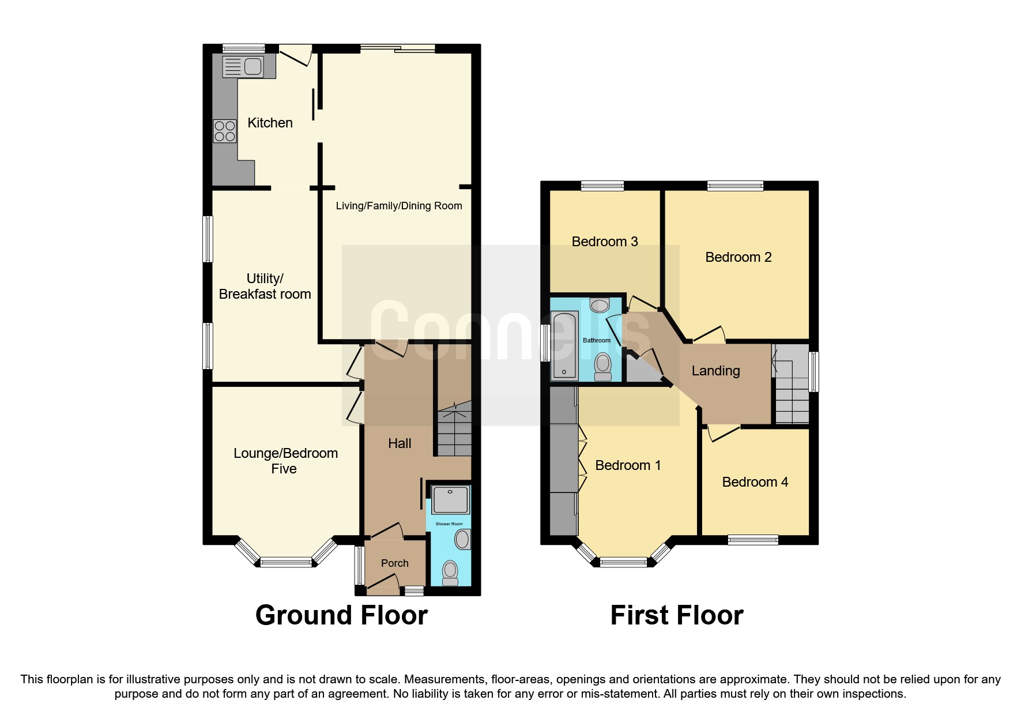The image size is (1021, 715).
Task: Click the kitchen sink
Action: pyautogui.click(x=243, y=66)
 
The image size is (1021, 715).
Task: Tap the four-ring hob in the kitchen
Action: pyautogui.click(x=224, y=130)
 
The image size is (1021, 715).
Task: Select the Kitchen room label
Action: pyautogui.click(x=270, y=123)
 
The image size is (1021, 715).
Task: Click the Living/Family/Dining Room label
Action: pyautogui.click(x=399, y=206)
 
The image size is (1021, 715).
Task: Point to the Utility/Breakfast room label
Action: pyautogui.click(x=265, y=286)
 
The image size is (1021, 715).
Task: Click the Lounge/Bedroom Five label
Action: pyautogui.click(x=285, y=461)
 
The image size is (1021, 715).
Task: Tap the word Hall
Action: pyautogui.click(x=400, y=443)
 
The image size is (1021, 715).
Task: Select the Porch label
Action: pyautogui.click(x=394, y=563)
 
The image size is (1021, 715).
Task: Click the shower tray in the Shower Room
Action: pyautogui.click(x=450, y=500)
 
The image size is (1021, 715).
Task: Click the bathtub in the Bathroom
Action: pyautogui.click(x=564, y=345)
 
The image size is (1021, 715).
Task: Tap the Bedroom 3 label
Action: pyautogui.click(x=605, y=242)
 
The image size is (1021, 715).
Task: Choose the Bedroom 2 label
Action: pyautogui.click(x=738, y=257)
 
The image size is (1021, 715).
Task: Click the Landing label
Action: pyautogui.click(x=715, y=371)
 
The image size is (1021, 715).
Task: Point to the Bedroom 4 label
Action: pyautogui.click(x=755, y=482)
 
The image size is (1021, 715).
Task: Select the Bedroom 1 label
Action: pyautogui.click(x=628, y=465)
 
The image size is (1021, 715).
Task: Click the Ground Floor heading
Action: pyautogui.click(x=341, y=615)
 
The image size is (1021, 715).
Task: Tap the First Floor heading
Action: pyautogui.click(x=677, y=615)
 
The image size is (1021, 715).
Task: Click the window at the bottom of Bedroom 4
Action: pyautogui.click(x=753, y=540)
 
